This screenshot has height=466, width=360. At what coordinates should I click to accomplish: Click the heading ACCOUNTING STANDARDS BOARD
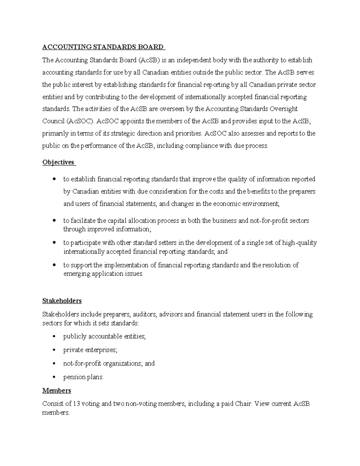(103, 47)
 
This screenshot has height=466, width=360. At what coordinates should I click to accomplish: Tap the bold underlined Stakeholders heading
(62, 301)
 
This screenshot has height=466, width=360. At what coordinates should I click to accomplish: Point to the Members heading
(57, 390)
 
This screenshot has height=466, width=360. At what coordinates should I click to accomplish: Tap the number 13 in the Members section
(77, 404)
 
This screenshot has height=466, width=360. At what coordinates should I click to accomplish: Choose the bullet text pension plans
(83, 377)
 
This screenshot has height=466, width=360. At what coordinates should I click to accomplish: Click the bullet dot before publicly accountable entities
(54, 337)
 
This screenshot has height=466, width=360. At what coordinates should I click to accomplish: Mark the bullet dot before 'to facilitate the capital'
(54, 221)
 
